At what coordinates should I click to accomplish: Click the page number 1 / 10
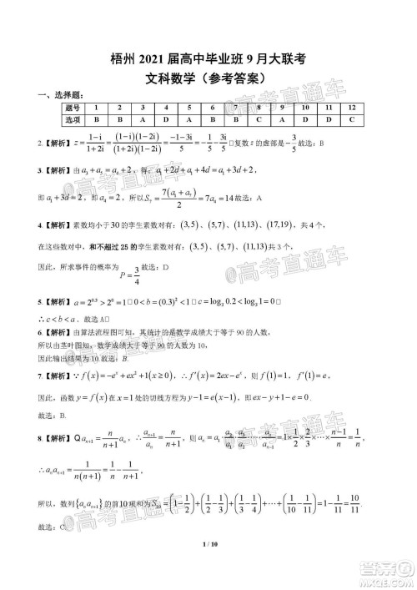point(208,568)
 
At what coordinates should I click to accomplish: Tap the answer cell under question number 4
point(167,121)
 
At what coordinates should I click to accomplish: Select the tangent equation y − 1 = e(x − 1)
point(287,397)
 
